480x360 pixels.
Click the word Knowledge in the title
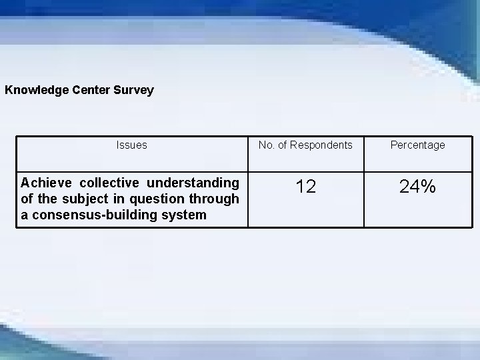tap(33, 89)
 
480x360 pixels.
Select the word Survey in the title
tap(135, 89)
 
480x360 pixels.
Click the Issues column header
tap(131, 145)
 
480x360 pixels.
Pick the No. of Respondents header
tap(305, 145)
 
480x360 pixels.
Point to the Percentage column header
tap(417, 145)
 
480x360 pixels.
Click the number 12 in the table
tap(305, 187)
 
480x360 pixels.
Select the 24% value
tap(417, 187)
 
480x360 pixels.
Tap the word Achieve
tap(47, 183)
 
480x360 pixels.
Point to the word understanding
tap(193, 183)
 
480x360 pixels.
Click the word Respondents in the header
tap(319, 145)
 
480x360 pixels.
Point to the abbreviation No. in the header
tap(265, 145)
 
